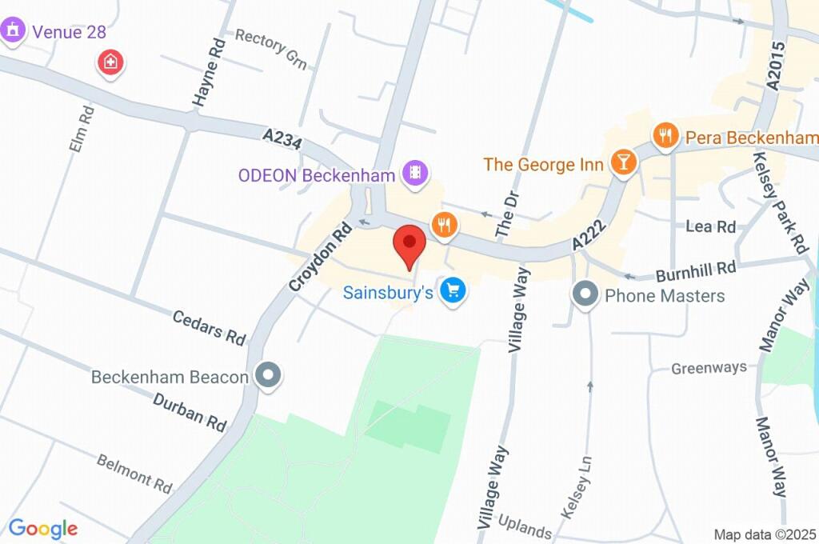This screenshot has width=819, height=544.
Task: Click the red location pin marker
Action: (x=411, y=243)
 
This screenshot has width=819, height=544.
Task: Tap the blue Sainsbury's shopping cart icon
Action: (x=454, y=290)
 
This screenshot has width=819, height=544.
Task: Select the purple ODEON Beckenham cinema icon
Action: (x=416, y=172)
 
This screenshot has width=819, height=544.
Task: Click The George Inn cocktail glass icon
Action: (x=622, y=162)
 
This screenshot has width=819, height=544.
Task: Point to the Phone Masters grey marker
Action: (x=585, y=294)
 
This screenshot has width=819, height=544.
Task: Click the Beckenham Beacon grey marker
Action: (x=267, y=374)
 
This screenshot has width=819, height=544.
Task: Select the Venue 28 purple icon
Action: (x=12, y=32)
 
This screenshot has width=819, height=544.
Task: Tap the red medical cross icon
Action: (x=110, y=62)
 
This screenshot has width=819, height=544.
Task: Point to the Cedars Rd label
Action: (x=209, y=327)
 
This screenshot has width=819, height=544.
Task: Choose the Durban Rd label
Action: (x=190, y=412)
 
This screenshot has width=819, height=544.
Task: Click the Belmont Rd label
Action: (x=134, y=473)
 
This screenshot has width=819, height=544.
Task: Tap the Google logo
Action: (x=42, y=528)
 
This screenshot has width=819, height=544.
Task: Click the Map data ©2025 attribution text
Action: (x=765, y=534)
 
